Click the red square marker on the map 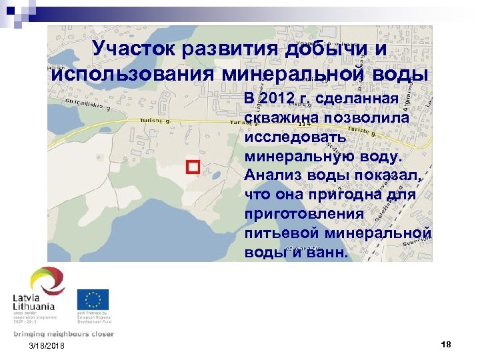coord(193,167)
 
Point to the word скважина coord(283,117)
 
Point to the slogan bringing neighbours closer coord(63,334)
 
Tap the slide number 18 coord(446,344)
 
